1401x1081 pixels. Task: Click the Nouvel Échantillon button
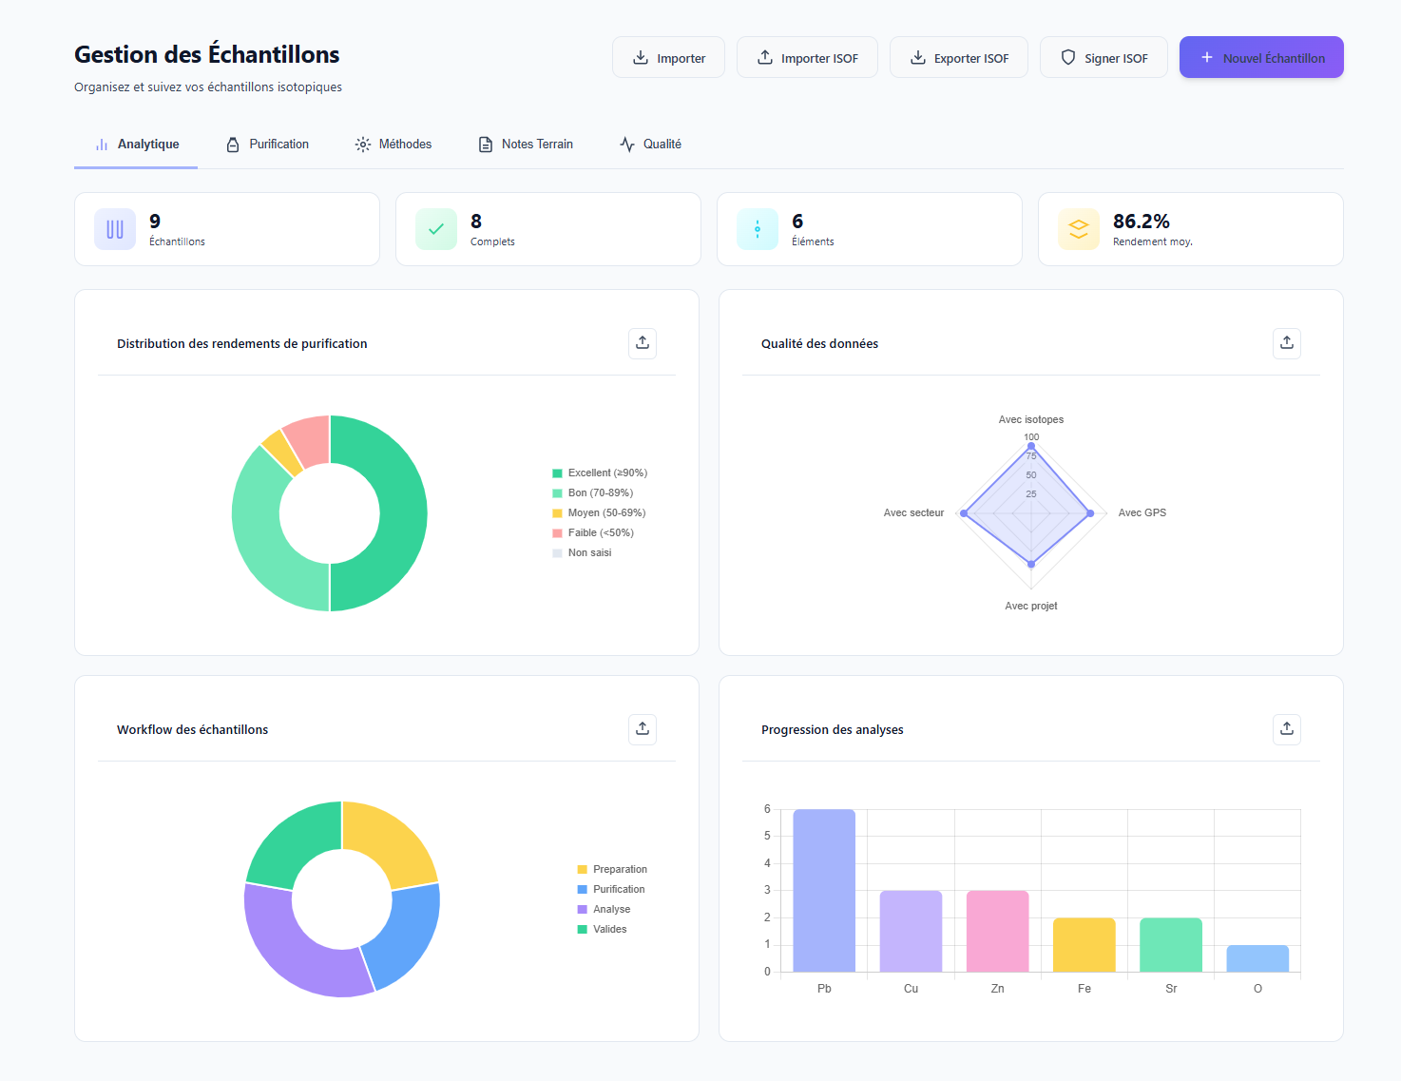pyautogui.click(x=1260, y=58)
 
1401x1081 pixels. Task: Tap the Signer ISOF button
pyautogui.click(x=1103, y=58)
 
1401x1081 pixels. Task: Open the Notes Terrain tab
pyautogui.click(x=526, y=145)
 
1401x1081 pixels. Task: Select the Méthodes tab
pyautogui.click(x=393, y=145)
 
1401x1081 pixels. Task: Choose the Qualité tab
pyautogui.click(x=651, y=145)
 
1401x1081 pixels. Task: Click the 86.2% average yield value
pyautogui.click(x=1141, y=222)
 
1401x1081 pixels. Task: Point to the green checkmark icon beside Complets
pyautogui.click(x=436, y=229)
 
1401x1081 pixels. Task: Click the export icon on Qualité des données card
pyautogui.click(x=1286, y=343)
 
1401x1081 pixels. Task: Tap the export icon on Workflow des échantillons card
pyautogui.click(x=643, y=729)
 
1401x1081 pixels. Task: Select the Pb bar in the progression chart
pyautogui.click(x=824, y=890)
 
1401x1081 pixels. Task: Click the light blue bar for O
pyautogui.click(x=1257, y=958)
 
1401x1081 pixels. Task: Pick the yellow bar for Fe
pyautogui.click(x=1084, y=944)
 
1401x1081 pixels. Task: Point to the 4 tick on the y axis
pyautogui.click(x=767, y=863)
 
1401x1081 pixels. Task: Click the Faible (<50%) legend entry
pyautogui.click(x=600, y=533)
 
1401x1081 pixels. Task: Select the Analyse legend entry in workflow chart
pyautogui.click(x=611, y=910)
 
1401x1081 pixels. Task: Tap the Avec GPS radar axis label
pyautogui.click(x=1142, y=513)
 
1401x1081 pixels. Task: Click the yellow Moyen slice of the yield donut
pyautogui.click(x=281, y=452)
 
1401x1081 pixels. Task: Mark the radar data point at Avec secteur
pyautogui.click(x=964, y=513)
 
